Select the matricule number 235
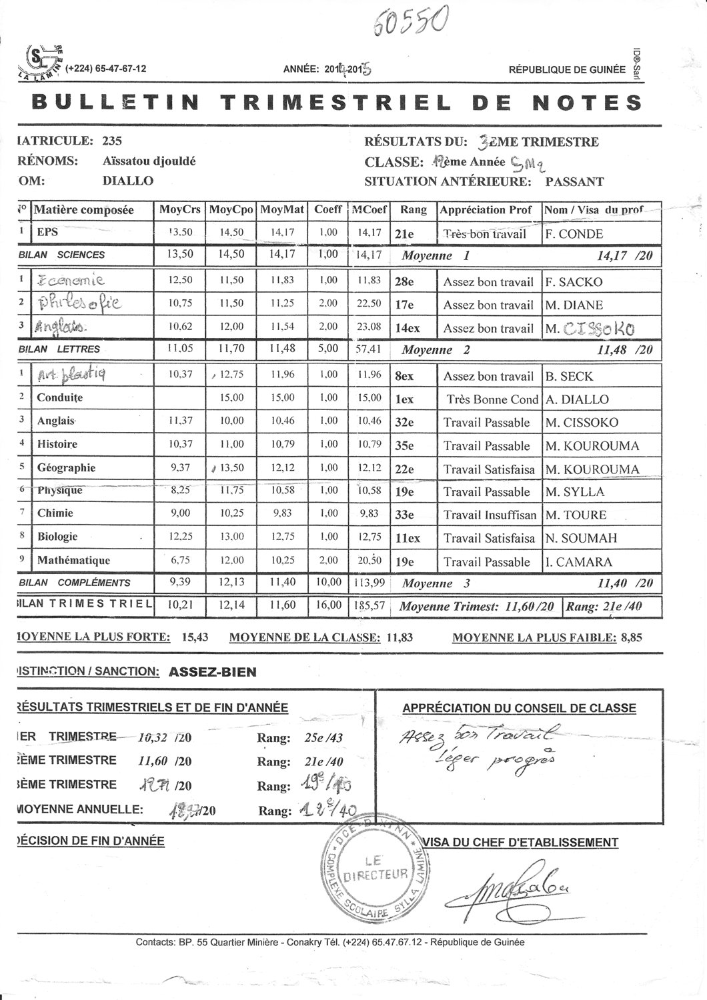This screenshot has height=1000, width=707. pos(112,141)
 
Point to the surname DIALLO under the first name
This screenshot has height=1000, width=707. pos(128,181)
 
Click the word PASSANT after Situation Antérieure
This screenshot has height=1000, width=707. pos(574,181)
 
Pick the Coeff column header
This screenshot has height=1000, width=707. pos(328,209)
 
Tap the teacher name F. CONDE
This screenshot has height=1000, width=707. pos(574,234)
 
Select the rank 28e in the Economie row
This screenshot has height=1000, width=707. pos(405,282)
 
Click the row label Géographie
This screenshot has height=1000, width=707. pos(67,468)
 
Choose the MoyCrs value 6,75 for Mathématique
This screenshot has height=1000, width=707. pos(181,561)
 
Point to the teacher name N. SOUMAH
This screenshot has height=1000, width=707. pos(582,538)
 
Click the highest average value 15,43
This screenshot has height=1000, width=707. pos(195,637)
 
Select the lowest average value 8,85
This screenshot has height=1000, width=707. pos(631,637)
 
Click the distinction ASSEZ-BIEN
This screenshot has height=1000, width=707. pos(213,671)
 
